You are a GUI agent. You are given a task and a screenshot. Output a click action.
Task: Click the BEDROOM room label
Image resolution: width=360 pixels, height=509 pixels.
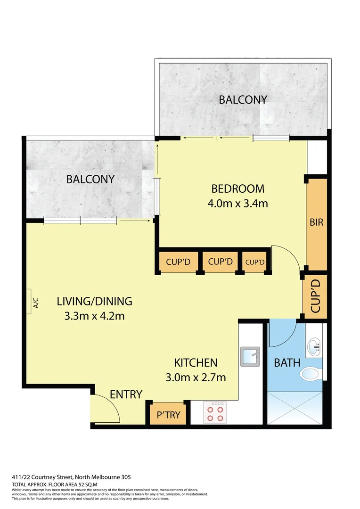point(237,189)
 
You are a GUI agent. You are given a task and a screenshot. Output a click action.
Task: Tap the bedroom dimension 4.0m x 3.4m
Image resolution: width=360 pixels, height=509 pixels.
point(237,204)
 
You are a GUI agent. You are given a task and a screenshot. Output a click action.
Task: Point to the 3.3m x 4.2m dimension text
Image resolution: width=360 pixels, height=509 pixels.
point(94,316)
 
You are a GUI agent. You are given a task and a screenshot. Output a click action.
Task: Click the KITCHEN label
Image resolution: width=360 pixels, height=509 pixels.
point(196,362)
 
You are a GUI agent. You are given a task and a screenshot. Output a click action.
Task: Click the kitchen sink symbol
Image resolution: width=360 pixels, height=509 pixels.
point(250,356)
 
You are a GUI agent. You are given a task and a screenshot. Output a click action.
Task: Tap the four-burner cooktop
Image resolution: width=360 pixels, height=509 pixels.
point(215,412)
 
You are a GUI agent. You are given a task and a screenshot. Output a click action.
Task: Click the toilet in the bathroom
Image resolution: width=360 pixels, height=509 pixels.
point(310,374)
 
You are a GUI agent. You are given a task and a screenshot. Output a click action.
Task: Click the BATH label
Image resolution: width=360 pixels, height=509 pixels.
point(287,363)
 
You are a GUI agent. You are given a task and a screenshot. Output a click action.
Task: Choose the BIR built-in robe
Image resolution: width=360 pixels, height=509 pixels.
point(317,222)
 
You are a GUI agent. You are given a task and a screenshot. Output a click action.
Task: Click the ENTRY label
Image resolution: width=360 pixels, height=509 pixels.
point(126,394)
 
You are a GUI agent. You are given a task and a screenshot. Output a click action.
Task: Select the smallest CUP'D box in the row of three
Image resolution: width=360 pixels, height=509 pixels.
point(255,262)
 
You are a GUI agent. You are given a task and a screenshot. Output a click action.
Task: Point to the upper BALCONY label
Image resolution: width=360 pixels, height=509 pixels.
point(243,99)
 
